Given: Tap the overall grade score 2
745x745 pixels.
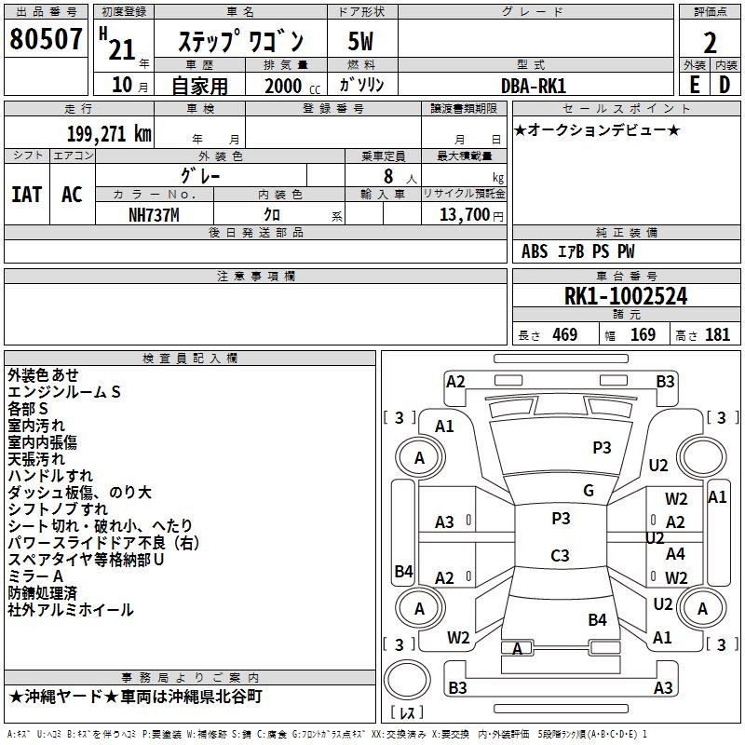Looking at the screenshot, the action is point(711,43).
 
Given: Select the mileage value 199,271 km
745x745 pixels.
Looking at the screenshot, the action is point(109,134).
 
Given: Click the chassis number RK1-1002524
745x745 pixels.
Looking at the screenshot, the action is point(626,297).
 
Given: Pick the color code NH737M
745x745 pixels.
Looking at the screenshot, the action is point(154,215).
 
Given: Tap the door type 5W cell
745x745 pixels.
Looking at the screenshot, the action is point(361,42).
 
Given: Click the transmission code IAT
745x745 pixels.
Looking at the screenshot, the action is point(26,195).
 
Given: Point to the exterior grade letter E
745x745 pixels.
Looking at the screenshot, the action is point(694,85).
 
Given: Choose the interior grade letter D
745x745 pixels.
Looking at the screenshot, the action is point(725,85).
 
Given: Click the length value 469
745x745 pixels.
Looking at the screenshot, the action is point(564,335).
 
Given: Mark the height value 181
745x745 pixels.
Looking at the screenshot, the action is point(718,335).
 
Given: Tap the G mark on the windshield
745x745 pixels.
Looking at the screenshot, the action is point(588,490).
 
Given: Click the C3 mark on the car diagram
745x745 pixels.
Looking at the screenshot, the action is point(560,556).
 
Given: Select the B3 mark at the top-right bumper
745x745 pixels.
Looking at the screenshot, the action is point(665,381).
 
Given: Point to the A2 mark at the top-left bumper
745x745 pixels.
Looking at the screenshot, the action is point(455,381).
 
